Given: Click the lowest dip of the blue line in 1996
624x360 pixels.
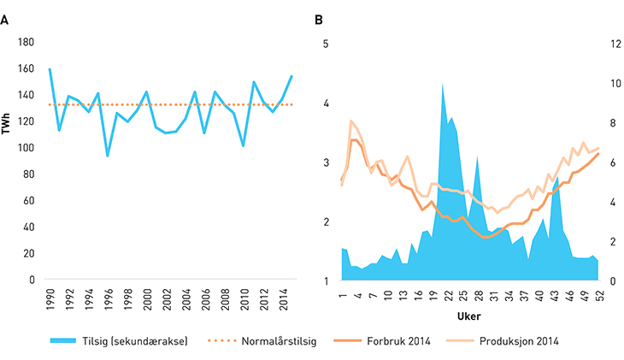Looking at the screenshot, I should coord(108,156).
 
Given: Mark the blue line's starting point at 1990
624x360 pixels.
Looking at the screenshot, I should coord(50,69).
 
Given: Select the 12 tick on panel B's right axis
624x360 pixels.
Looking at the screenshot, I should coord(614,42).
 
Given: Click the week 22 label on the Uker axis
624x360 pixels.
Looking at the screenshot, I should coord(448,295).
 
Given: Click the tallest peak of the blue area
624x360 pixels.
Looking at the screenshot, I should coord(443,84).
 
